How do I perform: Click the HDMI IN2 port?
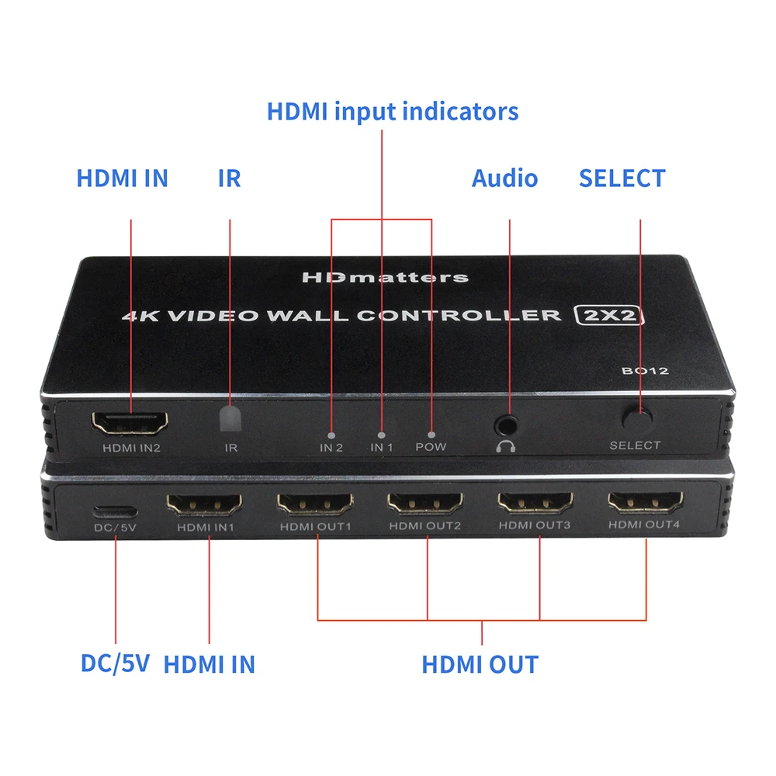(130, 423)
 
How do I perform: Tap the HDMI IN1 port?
(204, 504)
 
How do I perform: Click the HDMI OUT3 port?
(535, 503)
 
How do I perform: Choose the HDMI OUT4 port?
(645, 503)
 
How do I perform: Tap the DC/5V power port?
(115, 513)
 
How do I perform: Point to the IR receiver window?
(230, 419)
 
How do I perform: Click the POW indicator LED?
(431, 436)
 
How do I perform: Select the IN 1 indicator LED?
(381, 436)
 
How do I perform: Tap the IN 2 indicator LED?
(331, 436)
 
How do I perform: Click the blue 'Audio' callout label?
(504, 178)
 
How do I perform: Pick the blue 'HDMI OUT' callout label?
(480, 664)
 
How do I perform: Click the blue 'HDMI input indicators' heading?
(393, 111)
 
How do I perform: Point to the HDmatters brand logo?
(384, 277)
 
